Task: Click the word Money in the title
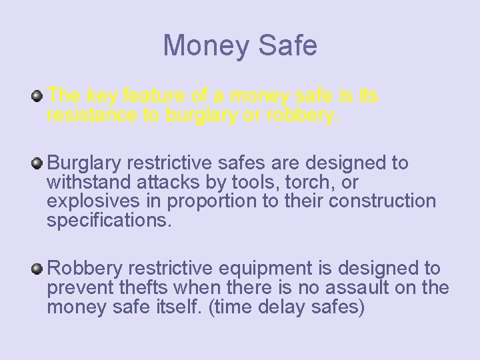pos(203,45)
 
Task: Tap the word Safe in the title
pos(285,45)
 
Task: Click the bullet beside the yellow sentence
pos(38,97)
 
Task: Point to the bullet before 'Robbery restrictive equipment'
pos(38,269)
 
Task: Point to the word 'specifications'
pos(107,221)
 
